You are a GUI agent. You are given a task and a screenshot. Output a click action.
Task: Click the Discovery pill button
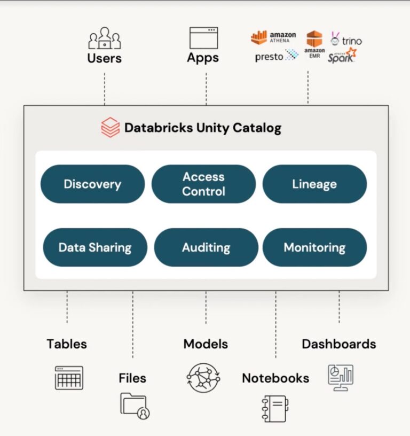[x=92, y=184]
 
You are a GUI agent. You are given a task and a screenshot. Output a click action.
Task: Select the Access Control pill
[x=203, y=184]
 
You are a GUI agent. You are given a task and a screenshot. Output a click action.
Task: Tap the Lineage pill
[x=314, y=184]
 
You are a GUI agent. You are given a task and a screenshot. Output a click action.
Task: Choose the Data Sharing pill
[x=95, y=247]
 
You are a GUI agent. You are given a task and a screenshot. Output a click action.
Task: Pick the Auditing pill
[x=206, y=247]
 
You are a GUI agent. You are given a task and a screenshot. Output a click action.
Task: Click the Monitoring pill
[x=314, y=247]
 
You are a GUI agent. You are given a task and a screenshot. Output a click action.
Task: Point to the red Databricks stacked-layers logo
[x=110, y=128]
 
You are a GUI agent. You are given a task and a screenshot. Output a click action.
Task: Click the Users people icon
[x=105, y=38]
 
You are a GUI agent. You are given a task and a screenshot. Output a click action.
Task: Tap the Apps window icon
[x=203, y=38]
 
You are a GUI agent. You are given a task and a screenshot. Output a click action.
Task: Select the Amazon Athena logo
[x=273, y=37]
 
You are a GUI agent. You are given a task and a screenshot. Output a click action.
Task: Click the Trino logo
[x=346, y=40]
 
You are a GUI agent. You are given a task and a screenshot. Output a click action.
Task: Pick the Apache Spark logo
[x=342, y=56]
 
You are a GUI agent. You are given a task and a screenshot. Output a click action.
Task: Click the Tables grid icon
[x=69, y=377]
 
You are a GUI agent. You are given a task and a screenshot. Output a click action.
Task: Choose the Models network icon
[x=203, y=377]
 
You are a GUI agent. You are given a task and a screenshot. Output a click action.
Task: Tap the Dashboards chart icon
[x=340, y=377]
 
